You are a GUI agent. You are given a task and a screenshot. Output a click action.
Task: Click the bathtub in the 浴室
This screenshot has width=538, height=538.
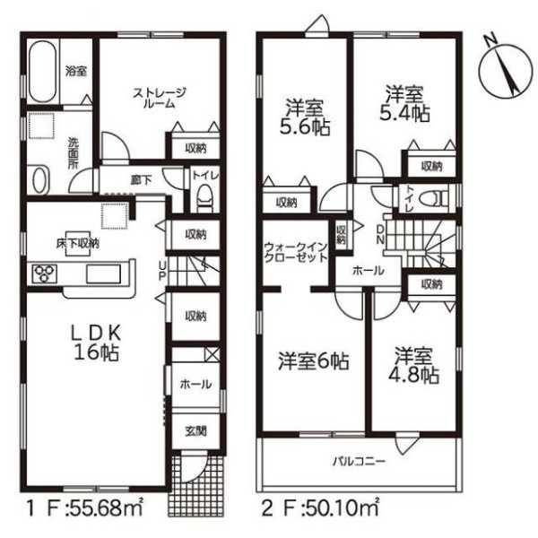[x=42, y=72]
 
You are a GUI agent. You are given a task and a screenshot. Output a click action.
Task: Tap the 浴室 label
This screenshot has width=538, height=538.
[x=76, y=72]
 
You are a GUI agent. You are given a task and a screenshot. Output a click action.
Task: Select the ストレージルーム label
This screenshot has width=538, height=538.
[x=160, y=98]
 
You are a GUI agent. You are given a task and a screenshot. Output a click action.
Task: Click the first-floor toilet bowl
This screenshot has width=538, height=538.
[x=204, y=199]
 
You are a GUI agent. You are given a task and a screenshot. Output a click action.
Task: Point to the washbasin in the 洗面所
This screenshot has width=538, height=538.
[x=41, y=180]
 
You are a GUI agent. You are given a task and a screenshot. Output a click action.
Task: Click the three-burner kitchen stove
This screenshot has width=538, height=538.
[x=45, y=273]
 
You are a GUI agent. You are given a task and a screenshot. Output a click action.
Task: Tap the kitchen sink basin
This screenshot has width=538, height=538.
[x=104, y=273]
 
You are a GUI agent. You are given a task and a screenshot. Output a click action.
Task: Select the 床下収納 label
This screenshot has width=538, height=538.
[x=78, y=244]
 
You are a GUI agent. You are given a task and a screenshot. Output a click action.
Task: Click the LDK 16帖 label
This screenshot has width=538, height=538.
[x=97, y=343]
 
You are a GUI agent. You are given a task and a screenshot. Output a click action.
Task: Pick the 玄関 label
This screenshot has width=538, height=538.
[x=195, y=430]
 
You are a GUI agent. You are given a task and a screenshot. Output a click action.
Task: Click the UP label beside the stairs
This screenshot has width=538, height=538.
[x=162, y=271]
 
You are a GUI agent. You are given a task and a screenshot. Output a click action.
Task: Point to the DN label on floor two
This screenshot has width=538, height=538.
[x=380, y=234]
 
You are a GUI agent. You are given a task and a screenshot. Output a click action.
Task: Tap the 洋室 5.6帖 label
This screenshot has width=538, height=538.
[x=305, y=117]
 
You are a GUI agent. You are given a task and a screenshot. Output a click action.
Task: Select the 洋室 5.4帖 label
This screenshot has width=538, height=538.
[x=405, y=104]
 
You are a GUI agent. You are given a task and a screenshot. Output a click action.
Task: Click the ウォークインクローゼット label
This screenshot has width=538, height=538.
[x=296, y=252]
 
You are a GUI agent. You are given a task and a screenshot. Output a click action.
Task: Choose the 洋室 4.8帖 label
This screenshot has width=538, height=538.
[x=413, y=365]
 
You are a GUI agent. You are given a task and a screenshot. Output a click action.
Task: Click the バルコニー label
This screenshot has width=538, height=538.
[x=360, y=461]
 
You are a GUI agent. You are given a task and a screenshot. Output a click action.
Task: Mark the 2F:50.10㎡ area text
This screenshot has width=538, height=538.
[x=320, y=508]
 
